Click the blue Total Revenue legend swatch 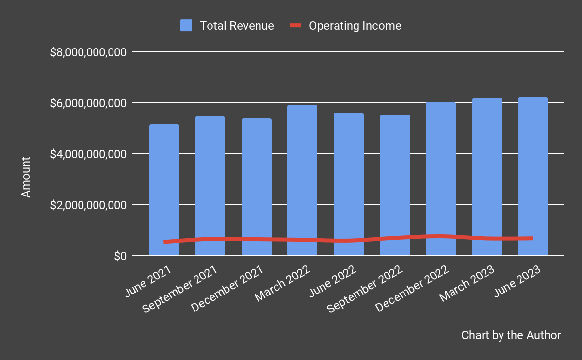(186, 26)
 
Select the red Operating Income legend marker (296, 26)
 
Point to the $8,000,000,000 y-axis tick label (88, 52)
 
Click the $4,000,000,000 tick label (88, 154)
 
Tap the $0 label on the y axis (120, 256)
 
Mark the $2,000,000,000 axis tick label (88, 205)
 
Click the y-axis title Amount (26, 177)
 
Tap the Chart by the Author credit (511, 335)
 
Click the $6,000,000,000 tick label (88, 103)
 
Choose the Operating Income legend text (355, 26)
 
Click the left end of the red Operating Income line (165, 242)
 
